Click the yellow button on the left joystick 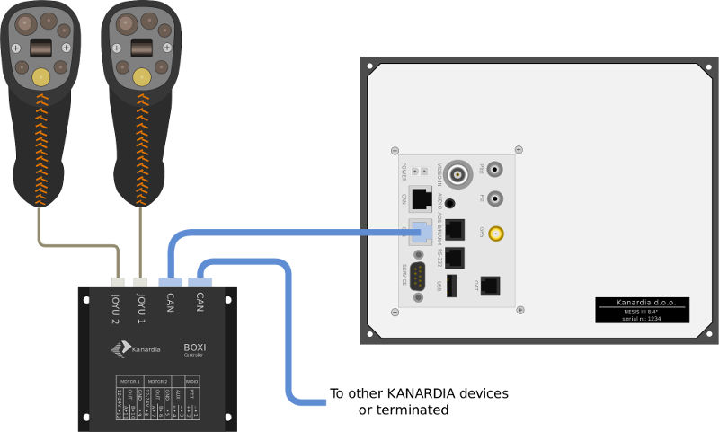coord(41,79)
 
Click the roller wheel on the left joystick coord(41,48)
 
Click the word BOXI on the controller coord(196,347)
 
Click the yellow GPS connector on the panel coord(495,234)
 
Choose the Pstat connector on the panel coord(495,168)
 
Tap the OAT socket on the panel coord(492,285)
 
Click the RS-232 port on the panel coord(455,258)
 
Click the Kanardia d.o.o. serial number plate coord(642,310)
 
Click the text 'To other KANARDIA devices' coord(419,393)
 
